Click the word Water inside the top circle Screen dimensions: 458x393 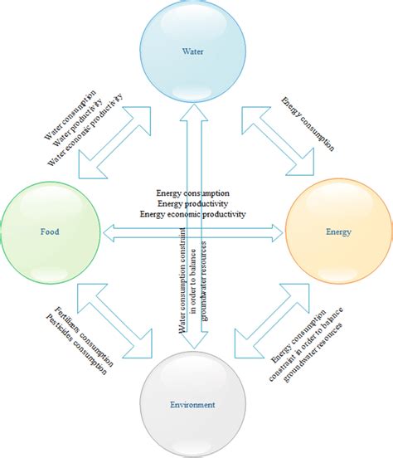tap(192, 51)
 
